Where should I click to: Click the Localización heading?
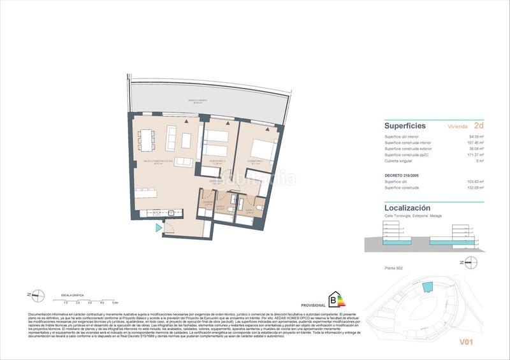point(407,208)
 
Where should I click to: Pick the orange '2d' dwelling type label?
point(479,126)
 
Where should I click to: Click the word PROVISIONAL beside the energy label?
point(314,305)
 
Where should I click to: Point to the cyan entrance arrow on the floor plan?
point(159,227)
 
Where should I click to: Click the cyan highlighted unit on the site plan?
point(427,288)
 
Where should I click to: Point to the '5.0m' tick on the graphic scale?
point(115,303)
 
